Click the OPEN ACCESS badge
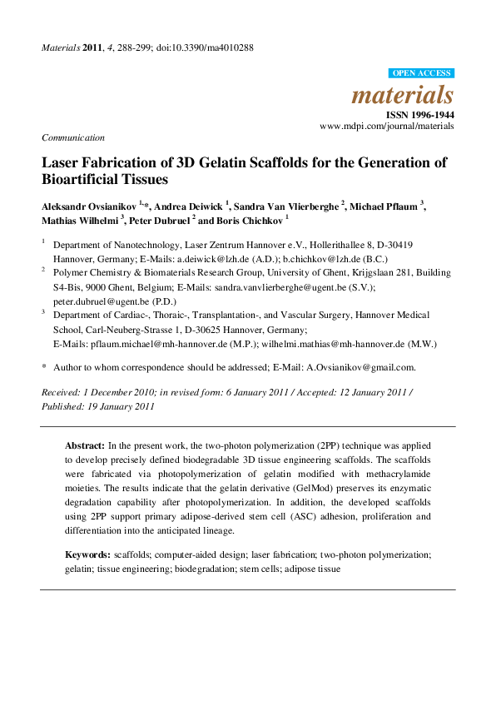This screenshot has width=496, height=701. point(421,73)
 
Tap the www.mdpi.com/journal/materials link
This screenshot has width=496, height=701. point(387,126)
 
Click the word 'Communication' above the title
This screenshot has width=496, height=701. point(73,137)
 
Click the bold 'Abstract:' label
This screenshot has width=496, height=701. point(85,446)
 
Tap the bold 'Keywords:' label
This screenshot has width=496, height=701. point(88,554)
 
